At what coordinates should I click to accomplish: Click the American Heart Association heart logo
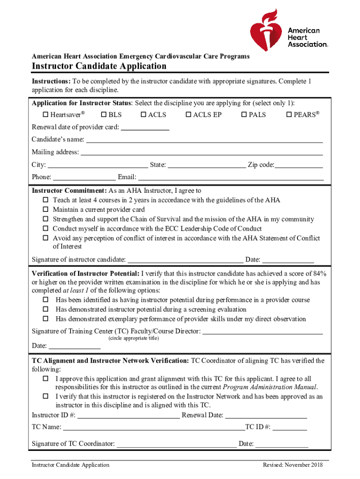coord(267,30)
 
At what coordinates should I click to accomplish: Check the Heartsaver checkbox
coord(46,115)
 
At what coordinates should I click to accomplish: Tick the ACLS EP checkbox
coord(188,115)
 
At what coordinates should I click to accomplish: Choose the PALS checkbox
coord(244,115)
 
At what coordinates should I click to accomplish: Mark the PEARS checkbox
coord(288,115)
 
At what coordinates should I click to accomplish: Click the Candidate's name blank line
coord(204,140)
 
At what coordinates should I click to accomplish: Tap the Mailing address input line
coord(202,152)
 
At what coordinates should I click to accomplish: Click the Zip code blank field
coord(299,165)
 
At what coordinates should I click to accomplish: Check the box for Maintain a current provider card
coord(46,210)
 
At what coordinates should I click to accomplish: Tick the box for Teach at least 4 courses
coord(46,200)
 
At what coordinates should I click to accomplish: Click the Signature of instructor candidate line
coord(185,260)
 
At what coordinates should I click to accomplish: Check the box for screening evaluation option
coord(46,310)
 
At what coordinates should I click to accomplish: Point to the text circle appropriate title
coord(133,338)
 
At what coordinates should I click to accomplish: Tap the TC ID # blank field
coord(290,428)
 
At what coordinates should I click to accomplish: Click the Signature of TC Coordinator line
coord(176,444)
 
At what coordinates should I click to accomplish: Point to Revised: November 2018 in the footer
coord(293,465)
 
